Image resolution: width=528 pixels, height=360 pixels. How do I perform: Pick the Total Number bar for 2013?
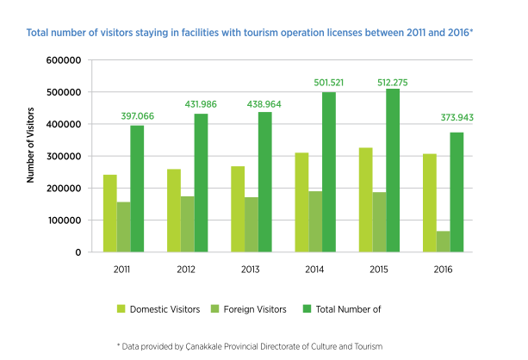point(264,182)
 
